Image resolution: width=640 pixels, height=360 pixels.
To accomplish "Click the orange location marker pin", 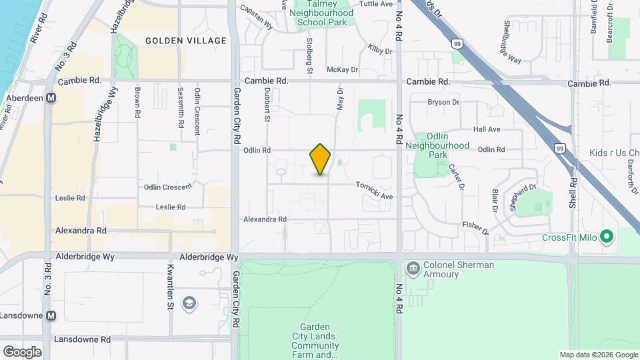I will click(x=321, y=159).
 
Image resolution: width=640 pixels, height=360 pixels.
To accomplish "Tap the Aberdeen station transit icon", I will click(x=51, y=97).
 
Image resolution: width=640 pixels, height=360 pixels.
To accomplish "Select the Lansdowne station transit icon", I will click(x=51, y=315).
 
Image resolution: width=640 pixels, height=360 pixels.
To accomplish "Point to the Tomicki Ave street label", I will click(x=374, y=191).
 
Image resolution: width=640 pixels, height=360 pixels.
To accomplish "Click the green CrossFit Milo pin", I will click(x=606, y=237).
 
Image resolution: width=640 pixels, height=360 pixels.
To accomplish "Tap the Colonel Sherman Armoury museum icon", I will click(x=412, y=269).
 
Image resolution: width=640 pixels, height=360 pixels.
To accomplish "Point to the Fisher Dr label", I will click(x=475, y=228).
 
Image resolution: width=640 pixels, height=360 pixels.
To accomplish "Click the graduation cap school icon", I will click(x=189, y=303).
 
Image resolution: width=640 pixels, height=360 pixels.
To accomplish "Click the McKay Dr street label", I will click(x=342, y=69).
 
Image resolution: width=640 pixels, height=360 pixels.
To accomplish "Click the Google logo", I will click(x=22, y=352).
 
